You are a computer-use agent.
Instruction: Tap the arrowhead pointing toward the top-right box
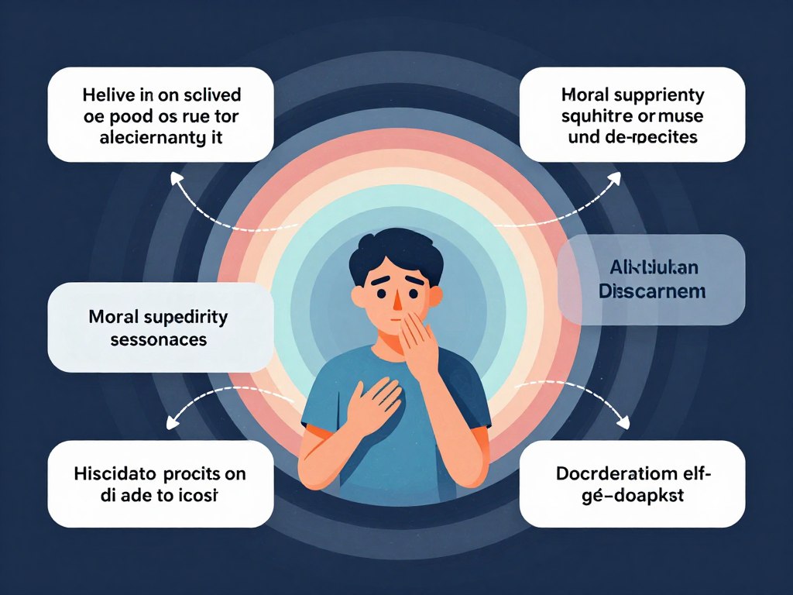(616, 177)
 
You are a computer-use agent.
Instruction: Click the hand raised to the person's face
(418, 341)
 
